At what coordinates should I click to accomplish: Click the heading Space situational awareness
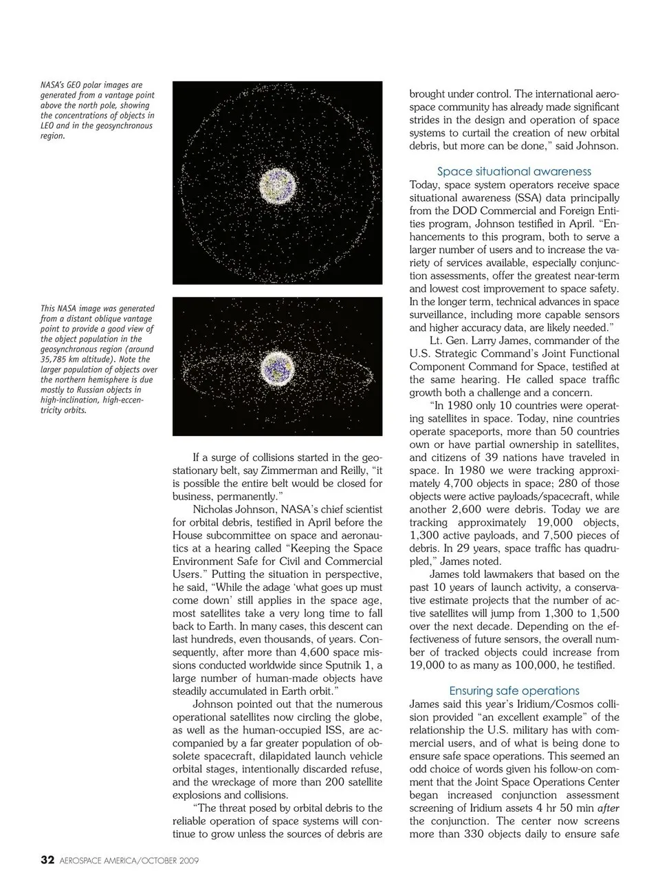click(x=514, y=171)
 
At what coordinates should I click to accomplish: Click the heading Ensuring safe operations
click(x=514, y=691)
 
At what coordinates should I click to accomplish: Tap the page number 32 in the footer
click(x=47, y=860)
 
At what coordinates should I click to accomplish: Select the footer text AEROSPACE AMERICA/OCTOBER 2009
click(x=129, y=861)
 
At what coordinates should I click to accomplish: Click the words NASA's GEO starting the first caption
click(x=63, y=85)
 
